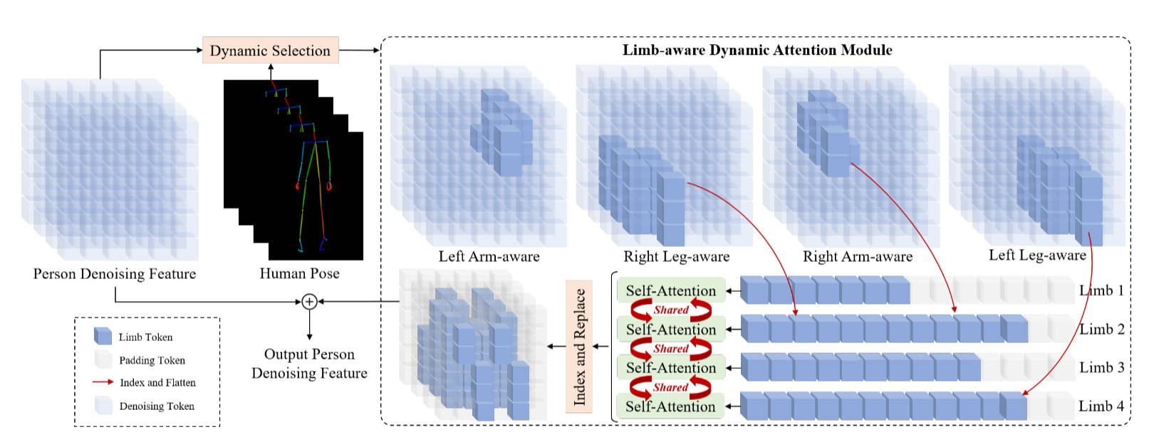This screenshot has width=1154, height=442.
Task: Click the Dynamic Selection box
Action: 270,51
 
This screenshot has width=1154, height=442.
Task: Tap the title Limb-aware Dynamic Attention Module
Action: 757,50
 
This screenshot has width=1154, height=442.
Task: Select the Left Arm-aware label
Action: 489,257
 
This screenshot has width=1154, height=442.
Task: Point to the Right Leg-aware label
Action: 676,257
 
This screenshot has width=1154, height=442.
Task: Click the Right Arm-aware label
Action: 858,257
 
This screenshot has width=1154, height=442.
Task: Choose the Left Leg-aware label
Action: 1037,256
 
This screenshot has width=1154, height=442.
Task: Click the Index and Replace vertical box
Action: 579,347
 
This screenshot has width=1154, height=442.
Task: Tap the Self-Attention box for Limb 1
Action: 670,290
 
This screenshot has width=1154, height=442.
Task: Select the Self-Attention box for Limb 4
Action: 670,406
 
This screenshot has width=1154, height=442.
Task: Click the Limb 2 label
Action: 1101,330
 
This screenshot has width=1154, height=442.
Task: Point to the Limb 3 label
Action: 1101,368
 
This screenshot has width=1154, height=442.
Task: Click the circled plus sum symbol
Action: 309,302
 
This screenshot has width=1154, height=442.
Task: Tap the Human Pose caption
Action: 299,274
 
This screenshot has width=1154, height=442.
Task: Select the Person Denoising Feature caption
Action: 114,274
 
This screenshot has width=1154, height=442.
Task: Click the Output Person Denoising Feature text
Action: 309,364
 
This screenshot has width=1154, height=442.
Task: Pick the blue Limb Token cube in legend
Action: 103,337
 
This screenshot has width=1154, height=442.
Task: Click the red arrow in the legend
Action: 103,382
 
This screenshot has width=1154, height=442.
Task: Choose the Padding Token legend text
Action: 152,360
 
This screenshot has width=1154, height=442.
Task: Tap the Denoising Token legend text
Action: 157,406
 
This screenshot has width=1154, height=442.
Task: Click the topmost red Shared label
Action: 671,310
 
